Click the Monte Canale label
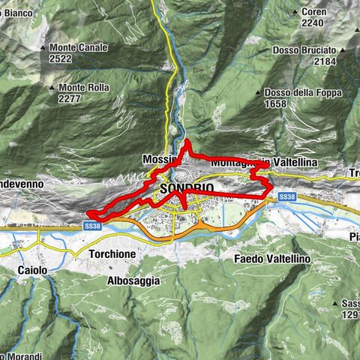tap(79, 47)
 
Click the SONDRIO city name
tap(187, 188)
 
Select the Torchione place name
tap(112, 254)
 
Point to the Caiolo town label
tap(31, 268)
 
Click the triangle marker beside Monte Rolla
tap(53, 87)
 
